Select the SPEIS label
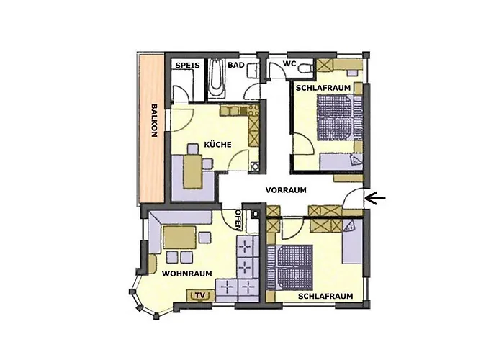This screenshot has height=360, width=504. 186,66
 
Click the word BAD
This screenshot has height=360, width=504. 235,66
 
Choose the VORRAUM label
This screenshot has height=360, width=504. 286,190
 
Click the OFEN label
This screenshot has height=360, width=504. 239,219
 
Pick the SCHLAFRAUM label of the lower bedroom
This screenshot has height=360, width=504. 325,296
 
